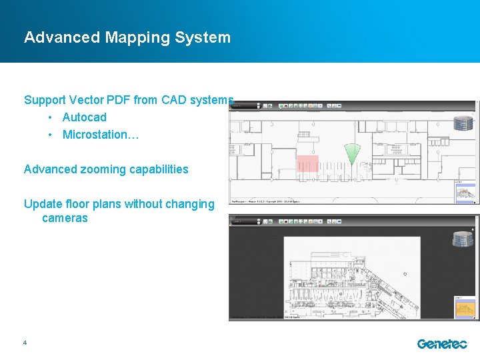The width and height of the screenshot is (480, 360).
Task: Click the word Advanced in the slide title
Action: tap(62, 37)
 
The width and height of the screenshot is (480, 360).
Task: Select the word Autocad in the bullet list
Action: tap(84, 117)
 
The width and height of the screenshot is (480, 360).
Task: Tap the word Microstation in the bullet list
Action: tap(97, 135)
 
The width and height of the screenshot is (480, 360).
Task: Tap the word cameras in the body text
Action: tap(65, 219)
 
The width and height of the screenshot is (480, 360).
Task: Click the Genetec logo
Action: tap(442, 344)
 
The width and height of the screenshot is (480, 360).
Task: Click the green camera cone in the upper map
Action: tap(351, 154)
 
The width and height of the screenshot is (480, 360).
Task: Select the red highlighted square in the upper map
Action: tap(307, 163)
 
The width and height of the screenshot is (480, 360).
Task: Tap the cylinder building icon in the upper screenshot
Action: tap(462, 123)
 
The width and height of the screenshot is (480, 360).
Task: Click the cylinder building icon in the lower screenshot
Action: tap(462, 239)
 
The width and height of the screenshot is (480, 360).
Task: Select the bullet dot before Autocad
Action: tap(50, 117)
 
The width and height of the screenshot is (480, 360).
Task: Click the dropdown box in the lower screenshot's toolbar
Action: tap(245, 220)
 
